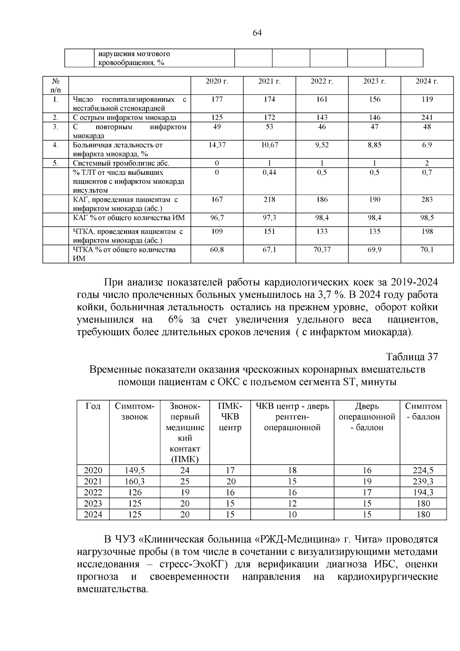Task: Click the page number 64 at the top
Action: point(257,33)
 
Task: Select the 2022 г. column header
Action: point(322,81)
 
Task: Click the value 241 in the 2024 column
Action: point(427,117)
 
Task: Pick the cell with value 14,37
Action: point(217,145)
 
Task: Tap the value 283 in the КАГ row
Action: point(427,199)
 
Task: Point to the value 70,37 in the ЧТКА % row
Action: point(322,250)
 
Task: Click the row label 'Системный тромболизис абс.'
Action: point(121,163)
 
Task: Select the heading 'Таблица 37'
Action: point(411,357)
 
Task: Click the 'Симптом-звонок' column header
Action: point(134,411)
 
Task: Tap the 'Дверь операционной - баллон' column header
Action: point(367,417)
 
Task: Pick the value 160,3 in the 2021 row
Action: point(134,481)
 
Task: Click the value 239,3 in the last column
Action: point(423,481)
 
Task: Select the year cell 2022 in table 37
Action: point(93,492)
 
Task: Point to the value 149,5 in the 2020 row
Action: point(134,470)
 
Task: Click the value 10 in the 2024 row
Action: point(292,515)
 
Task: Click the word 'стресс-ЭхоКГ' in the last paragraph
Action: point(192,564)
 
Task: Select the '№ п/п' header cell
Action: point(56,85)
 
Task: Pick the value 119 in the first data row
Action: point(427,99)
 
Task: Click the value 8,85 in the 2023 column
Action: point(374,145)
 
